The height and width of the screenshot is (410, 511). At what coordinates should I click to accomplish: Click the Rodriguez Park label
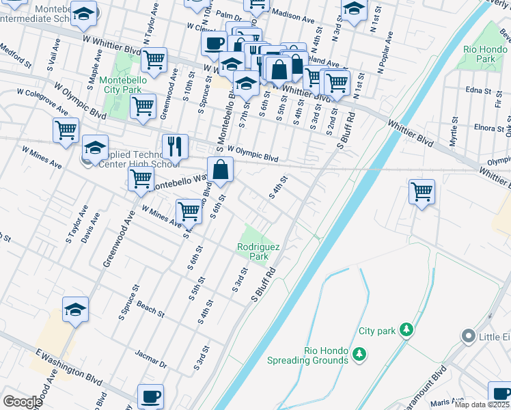(252, 251)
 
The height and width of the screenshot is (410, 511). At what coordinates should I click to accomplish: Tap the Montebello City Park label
(120, 85)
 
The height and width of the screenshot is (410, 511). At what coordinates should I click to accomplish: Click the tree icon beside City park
(406, 331)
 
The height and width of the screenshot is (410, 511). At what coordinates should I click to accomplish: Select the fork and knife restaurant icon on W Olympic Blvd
(175, 146)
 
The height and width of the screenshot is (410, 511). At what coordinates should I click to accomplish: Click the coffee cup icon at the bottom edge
(151, 396)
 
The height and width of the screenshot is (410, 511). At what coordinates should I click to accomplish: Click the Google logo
(23, 401)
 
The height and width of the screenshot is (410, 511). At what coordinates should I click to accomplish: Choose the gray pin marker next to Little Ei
(468, 336)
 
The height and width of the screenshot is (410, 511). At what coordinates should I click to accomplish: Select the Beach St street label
(150, 309)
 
